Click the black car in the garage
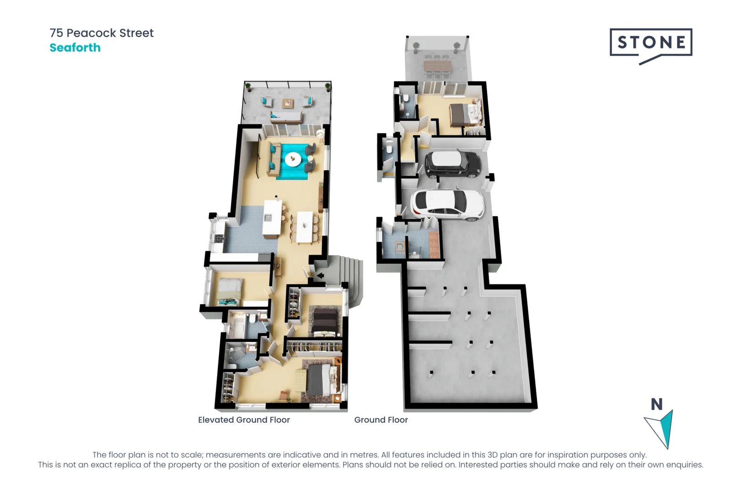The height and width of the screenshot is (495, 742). (x=453, y=165)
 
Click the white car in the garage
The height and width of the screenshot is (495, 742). (x=447, y=204)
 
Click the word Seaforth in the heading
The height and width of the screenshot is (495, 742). (x=75, y=48)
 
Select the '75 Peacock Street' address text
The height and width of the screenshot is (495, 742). (x=102, y=33)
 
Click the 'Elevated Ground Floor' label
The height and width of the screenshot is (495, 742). (x=244, y=420)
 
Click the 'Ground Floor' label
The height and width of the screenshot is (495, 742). (x=381, y=420)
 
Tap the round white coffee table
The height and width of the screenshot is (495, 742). (x=293, y=159)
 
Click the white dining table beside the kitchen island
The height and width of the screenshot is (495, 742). (x=305, y=227)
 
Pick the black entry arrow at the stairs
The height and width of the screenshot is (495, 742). (x=320, y=275)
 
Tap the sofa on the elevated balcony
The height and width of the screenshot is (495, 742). (x=286, y=116)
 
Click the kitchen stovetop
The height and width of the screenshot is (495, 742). (x=219, y=238)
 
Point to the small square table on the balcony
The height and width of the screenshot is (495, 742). (x=288, y=104)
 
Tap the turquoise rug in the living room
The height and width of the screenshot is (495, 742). (x=295, y=161)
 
